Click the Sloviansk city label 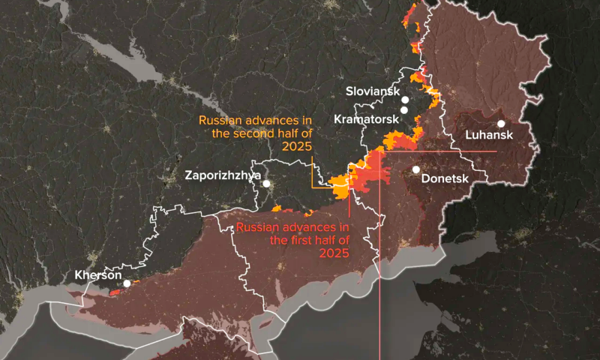point(372,91)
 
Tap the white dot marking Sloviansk point(404,100)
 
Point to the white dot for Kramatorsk point(404,110)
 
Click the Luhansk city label point(488,136)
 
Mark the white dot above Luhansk point(500,124)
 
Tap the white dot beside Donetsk point(416,169)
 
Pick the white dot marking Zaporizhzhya point(267,183)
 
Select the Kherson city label point(98,275)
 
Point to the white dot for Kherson point(127,283)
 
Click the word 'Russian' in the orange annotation point(219,121)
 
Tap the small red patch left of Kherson point(115,292)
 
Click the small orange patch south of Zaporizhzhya point(277,208)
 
